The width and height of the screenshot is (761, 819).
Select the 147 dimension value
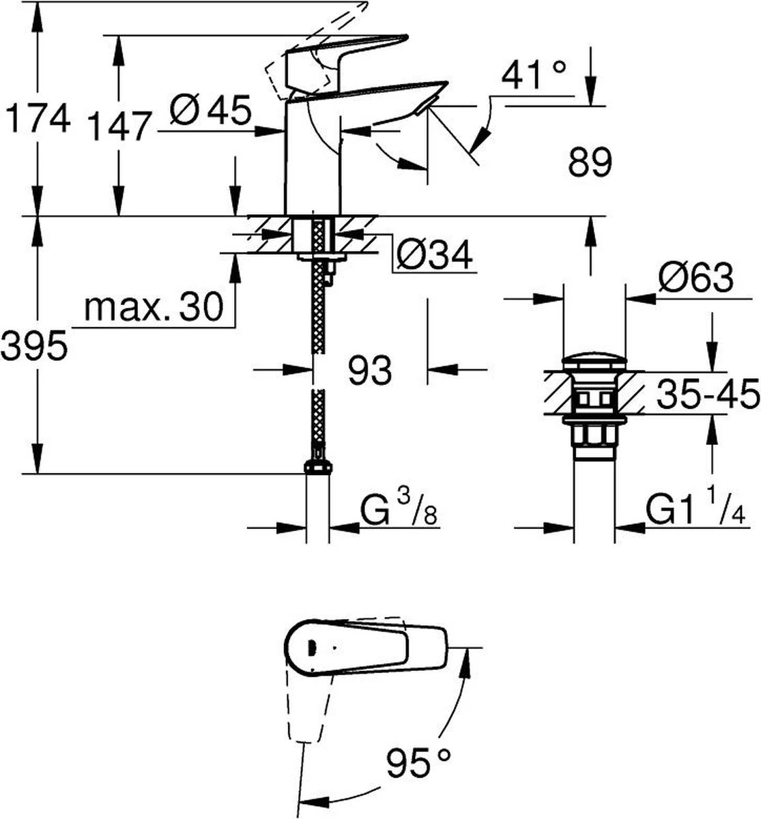pos(119,126)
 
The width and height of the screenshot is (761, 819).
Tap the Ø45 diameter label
pos(210,110)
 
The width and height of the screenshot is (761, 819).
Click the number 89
pos(590,162)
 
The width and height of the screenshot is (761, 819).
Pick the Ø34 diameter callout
pos(433,255)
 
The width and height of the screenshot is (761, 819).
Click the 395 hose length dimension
pos(34,345)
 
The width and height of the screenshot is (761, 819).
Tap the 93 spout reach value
pos(369,369)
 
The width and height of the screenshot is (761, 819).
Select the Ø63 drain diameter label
pos(696,278)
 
